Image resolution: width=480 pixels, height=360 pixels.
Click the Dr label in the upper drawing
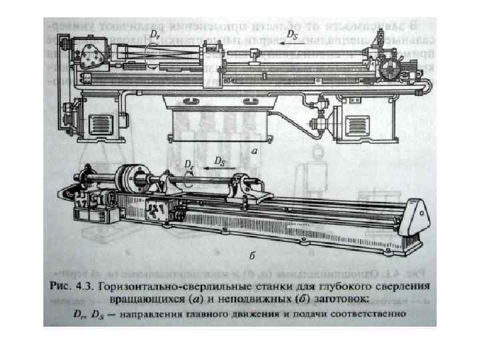[155, 32]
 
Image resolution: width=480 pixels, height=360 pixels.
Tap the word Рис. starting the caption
[61, 287]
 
